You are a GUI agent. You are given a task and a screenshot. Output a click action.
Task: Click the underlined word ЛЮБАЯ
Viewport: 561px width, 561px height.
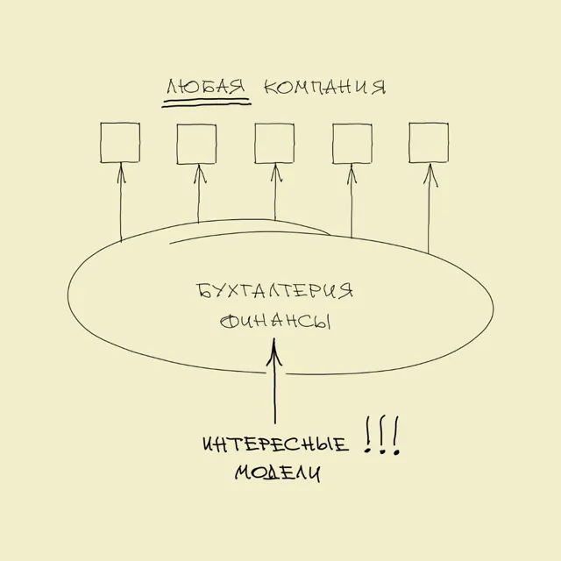click(x=206, y=88)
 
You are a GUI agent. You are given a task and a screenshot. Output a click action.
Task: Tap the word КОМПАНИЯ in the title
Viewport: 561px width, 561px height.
click(x=325, y=87)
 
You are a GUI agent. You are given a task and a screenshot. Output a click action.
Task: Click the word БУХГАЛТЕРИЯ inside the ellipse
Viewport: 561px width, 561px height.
click(x=274, y=290)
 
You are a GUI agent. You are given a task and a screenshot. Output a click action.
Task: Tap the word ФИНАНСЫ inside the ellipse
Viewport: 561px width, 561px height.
click(x=274, y=321)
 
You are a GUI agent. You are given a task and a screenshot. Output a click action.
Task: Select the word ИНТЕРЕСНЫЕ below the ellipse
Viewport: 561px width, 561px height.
click(x=275, y=444)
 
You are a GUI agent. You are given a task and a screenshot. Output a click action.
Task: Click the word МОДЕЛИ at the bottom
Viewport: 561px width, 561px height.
click(x=278, y=473)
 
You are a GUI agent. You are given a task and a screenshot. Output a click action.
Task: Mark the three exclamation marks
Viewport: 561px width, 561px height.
click(x=381, y=435)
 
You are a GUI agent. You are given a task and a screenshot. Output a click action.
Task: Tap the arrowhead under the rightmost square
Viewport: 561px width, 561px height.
click(x=430, y=175)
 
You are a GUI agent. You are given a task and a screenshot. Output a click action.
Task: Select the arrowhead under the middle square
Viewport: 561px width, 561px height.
click(x=275, y=173)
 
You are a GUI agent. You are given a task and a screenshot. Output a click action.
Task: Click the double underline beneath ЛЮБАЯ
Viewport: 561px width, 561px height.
click(x=207, y=103)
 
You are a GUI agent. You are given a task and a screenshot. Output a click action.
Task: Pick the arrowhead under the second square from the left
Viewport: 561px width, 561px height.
click(x=200, y=174)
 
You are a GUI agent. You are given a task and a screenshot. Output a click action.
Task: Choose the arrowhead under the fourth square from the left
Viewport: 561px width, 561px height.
click(x=352, y=174)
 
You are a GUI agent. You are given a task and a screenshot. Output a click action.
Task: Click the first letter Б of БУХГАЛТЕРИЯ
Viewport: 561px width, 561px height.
click(x=202, y=290)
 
